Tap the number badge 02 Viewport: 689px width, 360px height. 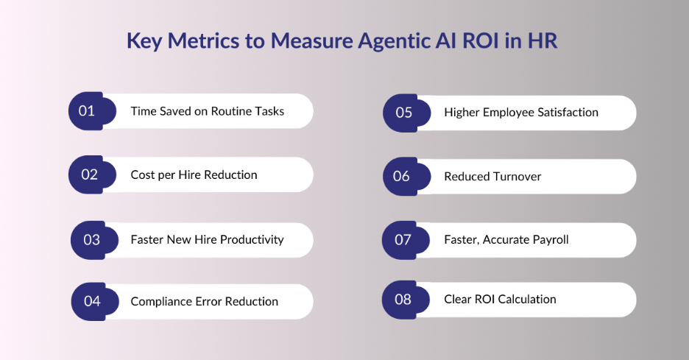pos(89,175)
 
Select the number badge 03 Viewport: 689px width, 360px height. pos(91,240)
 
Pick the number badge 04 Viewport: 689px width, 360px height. pos(92,301)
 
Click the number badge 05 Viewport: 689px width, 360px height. pos(403,113)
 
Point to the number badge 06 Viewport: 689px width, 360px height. pos(402,177)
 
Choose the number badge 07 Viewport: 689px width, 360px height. pos(403,240)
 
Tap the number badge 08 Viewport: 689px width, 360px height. pos(403,300)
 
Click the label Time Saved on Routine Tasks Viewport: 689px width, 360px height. pos(207,111)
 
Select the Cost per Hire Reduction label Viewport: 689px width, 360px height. pos(194,175)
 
